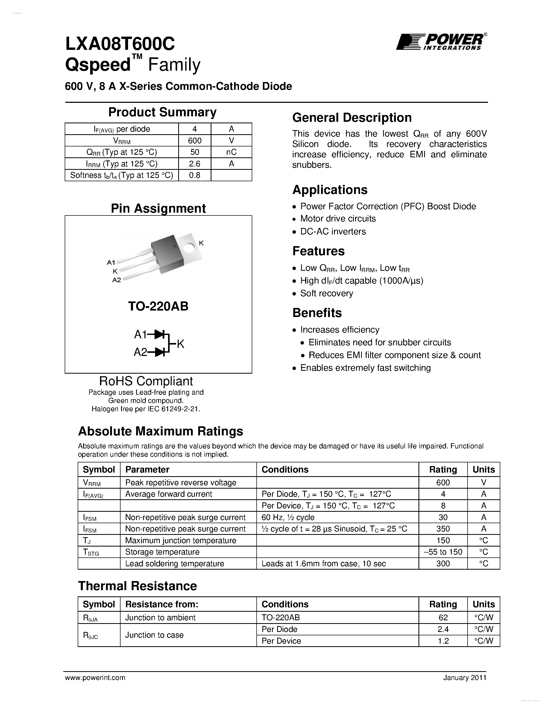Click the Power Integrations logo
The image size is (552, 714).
click(x=441, y=42)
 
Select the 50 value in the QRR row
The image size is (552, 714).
click(x=195, y=152)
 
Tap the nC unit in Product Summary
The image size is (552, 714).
click(x=231, y=152)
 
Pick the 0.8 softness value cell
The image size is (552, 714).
click(x=195, y=175)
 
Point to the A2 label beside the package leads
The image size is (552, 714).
click(x=116, y=280)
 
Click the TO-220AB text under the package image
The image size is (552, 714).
click(x=158, y=306)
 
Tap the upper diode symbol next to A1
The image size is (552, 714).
click(x=159, y=334)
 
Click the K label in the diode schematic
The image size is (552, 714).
click(x=181, y=344)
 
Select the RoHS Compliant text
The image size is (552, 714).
click(x=146, y=381)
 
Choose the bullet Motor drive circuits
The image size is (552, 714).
click(x=338, y=218)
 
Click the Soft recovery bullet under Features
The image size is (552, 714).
click(x=326, y=293)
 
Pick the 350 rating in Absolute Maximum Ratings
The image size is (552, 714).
click(x=443, y=529)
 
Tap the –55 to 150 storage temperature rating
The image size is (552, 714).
click(x=443, y=552)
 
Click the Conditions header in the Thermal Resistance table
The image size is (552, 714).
click(x=285, y=604)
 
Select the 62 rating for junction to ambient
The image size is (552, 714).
click(x=443, y=618)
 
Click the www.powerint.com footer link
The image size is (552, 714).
click(x=95, y=678)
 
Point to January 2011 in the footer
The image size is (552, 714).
click(x=465, y=678)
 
